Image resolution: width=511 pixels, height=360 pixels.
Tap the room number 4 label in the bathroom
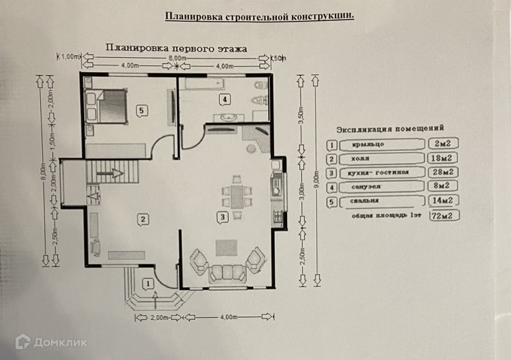223,100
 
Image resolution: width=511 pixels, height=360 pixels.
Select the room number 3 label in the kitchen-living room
222,217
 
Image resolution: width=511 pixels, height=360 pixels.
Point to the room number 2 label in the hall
143,218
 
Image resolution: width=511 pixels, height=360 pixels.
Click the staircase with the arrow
113,174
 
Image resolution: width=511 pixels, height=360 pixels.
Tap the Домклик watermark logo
51,342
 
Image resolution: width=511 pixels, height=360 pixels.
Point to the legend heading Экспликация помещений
390,128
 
